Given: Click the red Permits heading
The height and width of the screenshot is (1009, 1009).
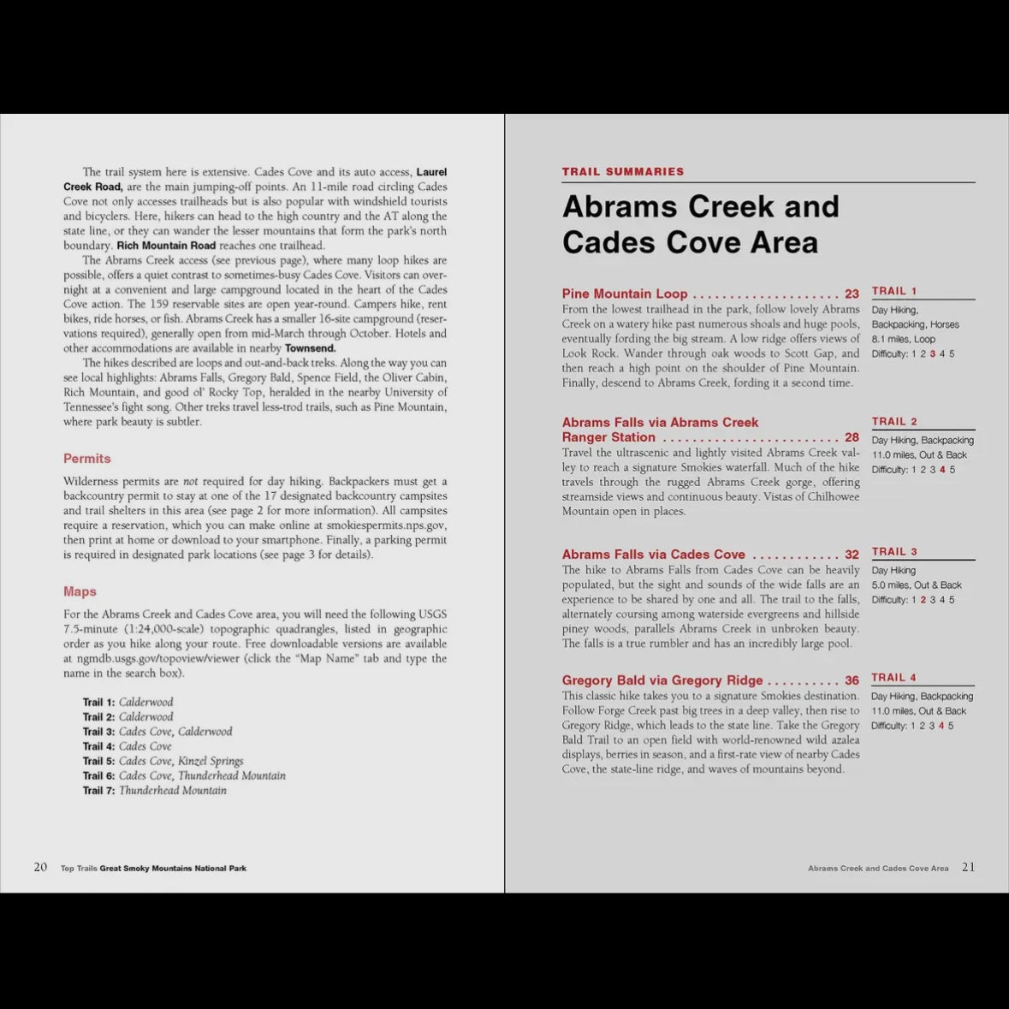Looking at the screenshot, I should [87, 459].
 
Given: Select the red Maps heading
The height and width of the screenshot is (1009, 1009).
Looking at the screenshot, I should [80, 591].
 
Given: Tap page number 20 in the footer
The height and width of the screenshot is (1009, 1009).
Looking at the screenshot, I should [40, 867].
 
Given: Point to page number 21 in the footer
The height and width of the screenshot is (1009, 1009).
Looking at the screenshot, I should [968, 867].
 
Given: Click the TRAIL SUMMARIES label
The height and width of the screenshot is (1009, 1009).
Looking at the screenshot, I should [623, 172].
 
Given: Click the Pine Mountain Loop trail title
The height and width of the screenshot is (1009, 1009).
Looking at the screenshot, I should [625, 294].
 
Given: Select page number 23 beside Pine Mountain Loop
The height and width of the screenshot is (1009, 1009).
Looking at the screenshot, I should [852, 294].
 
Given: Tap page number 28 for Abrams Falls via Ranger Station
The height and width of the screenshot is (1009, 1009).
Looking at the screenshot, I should [852, 437].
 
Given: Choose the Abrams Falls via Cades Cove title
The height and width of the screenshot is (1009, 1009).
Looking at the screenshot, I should [653, 555].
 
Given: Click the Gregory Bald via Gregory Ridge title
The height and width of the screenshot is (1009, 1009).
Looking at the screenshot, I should [662, 680].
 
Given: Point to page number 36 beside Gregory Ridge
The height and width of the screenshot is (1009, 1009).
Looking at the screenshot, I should [852, 680].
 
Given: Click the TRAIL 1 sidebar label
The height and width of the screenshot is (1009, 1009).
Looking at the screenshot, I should [894, 291].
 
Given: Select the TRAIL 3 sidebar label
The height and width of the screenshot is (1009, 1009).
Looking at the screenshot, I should [894, 552].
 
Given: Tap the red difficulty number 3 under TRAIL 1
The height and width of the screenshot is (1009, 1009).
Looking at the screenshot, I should [932, 354].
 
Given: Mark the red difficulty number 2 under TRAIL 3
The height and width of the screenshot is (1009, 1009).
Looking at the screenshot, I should [923, 600].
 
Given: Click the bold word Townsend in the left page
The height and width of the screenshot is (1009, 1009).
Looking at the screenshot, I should [310, 348].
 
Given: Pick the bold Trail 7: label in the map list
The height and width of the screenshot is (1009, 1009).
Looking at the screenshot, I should [98, 791].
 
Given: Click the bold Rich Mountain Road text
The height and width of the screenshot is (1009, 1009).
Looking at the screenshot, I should [166, 246].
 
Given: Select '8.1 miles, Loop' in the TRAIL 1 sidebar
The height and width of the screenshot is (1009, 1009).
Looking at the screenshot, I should [903, 340].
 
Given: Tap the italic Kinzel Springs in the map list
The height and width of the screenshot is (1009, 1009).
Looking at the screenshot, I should [211, 761].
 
